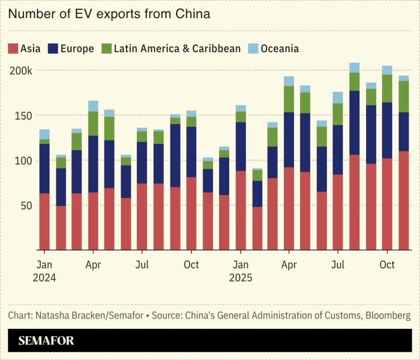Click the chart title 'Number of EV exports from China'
(x=109, y=14)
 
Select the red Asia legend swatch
(x=13, y=48)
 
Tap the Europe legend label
(x=77, y=49)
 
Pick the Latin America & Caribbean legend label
(x=177, y=49)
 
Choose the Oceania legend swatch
(x=253, y=48)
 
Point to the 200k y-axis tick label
(x=20, y=71)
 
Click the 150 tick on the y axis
(x=24, y=116)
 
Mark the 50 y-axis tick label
(x=26, y=205)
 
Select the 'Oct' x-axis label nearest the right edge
(x=387, y=265)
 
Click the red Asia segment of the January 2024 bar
(x=44, y=221)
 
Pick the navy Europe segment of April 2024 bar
(x=93, y=164)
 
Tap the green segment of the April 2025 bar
(x=289, y=99)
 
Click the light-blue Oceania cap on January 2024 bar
(x=44, y=134)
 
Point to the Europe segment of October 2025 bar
(x=387, y=130)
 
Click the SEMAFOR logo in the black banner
(x=46, y=341)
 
